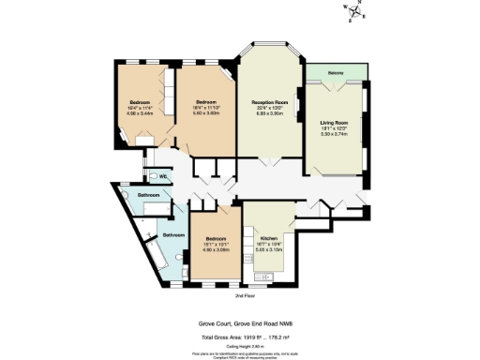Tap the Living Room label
click(335, 123)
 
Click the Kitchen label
click(268, 239)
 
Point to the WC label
click(163, 176)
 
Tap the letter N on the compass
click(359, 6)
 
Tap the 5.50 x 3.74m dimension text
click(335, 135)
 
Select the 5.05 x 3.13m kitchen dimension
click(268, 250)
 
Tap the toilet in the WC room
click(151, 176)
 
